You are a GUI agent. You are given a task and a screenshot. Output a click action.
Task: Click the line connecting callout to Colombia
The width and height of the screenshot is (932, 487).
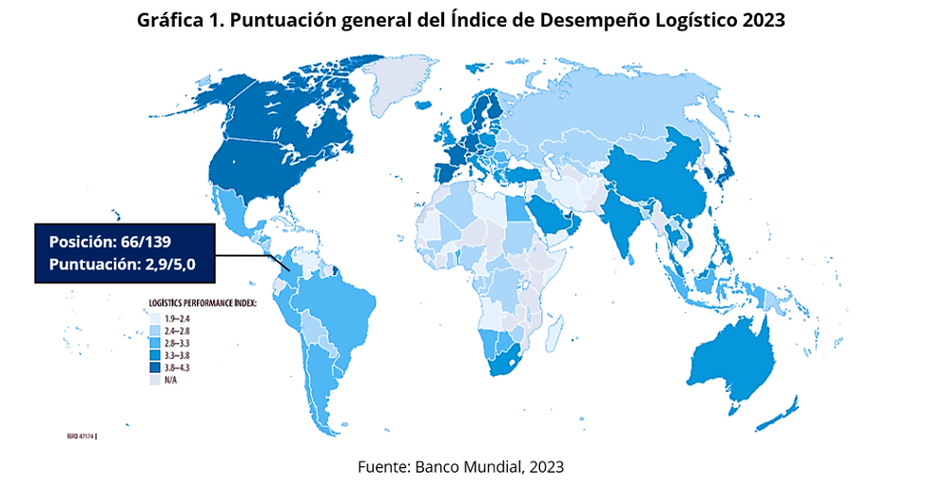point(247,255)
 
